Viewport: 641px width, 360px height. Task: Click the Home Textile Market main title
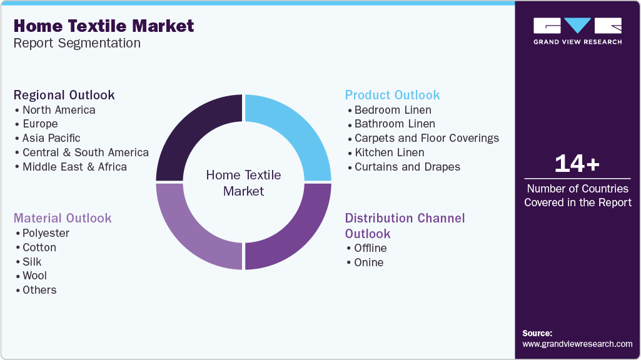[103, 26]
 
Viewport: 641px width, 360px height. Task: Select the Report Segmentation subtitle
[77, 43]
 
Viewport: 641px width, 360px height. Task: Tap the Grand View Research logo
[577, 31]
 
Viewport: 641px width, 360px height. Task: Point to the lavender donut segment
[194, 231]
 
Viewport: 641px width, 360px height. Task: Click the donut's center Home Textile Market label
[243, 183]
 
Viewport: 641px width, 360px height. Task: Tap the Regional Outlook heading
[64, 95]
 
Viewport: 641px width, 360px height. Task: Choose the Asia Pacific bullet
[51, 138]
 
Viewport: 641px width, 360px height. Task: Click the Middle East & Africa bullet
[74, 167]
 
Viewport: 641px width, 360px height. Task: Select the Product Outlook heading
[392, 95]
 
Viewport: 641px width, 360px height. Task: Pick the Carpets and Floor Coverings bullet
[426, 138]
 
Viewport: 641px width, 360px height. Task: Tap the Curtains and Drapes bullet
[407, 167]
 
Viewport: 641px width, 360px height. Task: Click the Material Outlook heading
[63, 218]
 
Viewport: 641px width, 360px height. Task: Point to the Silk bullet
[32, 262]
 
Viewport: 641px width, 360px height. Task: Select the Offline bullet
[370, 248]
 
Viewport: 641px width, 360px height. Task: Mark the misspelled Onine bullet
[368, 262]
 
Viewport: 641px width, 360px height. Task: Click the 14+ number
[577, 164]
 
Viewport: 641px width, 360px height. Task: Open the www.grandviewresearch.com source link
[577, 344]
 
